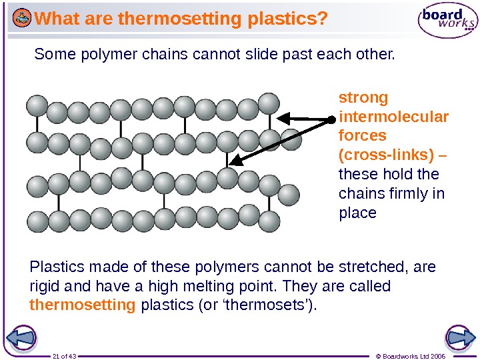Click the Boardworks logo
tap(447, 21)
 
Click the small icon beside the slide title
tap(22, 19)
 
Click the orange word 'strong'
tap(363, 98)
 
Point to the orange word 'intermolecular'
tap(394, 117)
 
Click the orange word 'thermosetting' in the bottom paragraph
tap(83, 305)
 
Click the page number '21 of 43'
tap(65, 356)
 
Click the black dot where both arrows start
tap(331, 121)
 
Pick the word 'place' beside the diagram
tap(358, 213)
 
